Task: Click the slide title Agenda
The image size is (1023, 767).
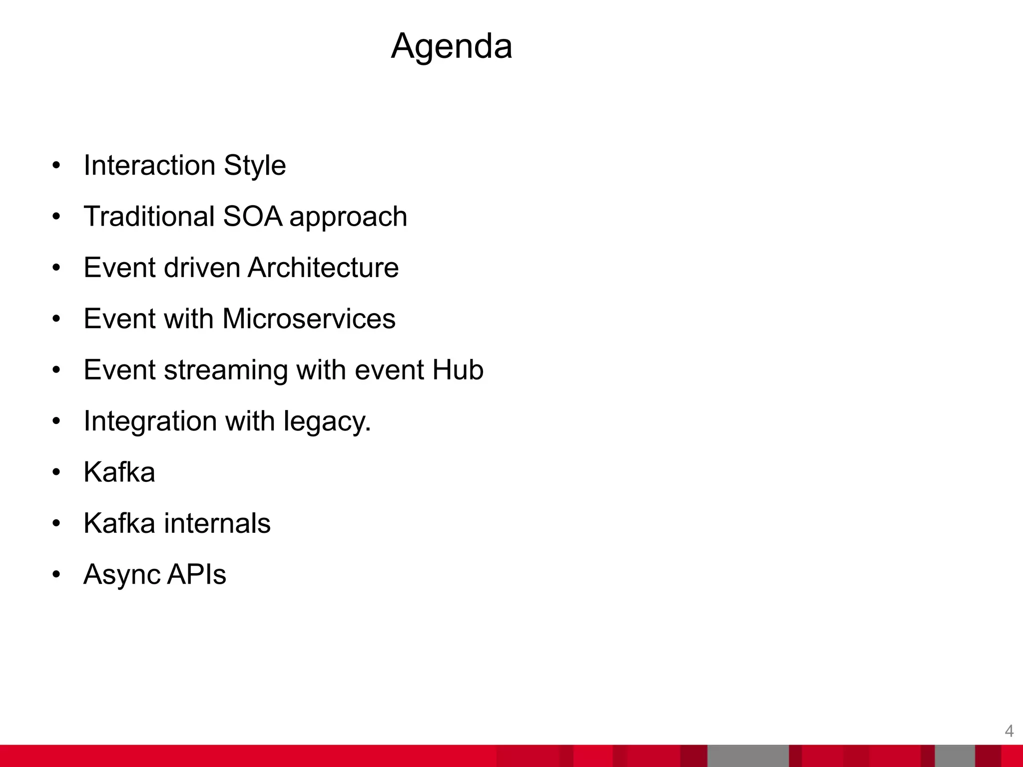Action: click(451, 46)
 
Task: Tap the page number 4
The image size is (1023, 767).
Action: click(1009, 731)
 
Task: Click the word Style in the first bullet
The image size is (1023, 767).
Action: click(255, 165)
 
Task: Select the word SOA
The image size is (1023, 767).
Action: click(252, 217)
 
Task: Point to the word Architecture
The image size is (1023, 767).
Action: click(323, 268)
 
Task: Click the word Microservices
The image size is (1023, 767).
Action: click(309, 319)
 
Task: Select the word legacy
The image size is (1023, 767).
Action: click(327, 421)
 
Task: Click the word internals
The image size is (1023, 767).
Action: click(217, 523)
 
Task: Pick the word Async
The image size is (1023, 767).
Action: click(121, 575)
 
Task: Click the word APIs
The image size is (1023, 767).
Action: click(196, 574)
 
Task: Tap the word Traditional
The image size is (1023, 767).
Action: click(149, 217)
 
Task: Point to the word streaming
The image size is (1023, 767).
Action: click(226, 371)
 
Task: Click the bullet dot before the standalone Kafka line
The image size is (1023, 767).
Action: click(56, 472)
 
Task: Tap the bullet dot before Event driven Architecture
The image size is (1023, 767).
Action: click(56, 268)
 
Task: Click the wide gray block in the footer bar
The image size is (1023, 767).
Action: click(748, 756)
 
